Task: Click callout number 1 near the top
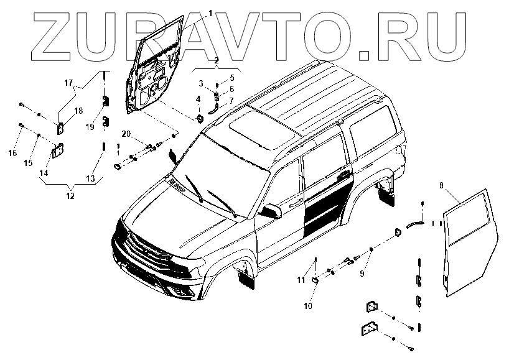(x=210, y=13)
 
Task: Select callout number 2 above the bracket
(x=217, y=61)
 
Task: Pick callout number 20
(x=125, y=134)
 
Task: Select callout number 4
(x=198, y=99)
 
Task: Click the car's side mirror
(x=272, y=210)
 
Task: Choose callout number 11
(x=301, y=280)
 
